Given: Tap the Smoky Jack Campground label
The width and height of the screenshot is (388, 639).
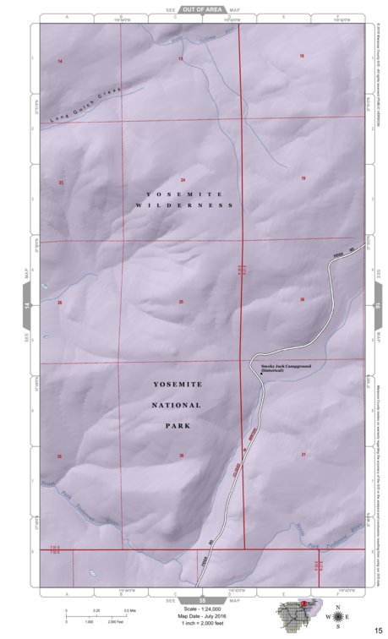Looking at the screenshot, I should (x=275, y=366).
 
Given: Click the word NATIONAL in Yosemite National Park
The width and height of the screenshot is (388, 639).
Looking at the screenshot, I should (x=178, y=406).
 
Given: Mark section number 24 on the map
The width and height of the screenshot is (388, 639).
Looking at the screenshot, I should (x=183, y=181).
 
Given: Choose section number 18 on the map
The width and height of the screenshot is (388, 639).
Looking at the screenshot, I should (x=302, y=56).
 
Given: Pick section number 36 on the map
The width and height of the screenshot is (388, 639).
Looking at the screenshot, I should (x=182, y=456).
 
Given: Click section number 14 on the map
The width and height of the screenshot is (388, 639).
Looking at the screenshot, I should (x=60, y=63).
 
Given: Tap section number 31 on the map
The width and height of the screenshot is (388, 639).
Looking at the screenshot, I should (x=303, y=455).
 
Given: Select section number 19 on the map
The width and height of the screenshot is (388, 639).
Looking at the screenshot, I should (x=303, y=178).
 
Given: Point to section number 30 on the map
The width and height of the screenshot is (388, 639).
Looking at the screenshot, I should (x=302, y=300).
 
